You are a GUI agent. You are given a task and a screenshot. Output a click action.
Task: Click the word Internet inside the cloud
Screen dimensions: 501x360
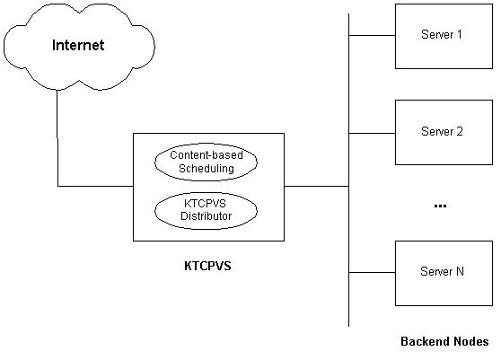click(78, 45)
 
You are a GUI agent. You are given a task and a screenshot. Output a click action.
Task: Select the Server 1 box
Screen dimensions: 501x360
click(444, 37)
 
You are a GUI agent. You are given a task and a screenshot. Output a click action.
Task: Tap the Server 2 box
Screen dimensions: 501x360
click(444, 133)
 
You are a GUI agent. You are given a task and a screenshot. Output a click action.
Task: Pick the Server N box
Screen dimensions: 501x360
click(444, 274)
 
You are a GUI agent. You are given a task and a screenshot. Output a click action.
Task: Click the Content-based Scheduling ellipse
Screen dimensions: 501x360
click(207, 162)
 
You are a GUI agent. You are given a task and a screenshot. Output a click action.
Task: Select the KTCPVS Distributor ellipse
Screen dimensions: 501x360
click(207, 210)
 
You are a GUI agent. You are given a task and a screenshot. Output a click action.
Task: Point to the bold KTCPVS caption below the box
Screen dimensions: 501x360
click(207, 266)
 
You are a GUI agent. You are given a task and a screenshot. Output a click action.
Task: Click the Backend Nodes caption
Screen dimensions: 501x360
click(444, 341)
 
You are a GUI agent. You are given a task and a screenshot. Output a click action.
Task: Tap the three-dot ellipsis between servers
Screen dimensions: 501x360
click(440, 206)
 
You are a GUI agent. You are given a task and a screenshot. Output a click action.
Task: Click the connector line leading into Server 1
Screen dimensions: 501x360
click(372, 35)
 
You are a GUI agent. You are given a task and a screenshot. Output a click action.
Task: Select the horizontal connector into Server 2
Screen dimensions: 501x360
click(372, 133)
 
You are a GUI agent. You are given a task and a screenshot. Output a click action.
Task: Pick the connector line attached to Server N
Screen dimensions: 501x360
click(372, 273)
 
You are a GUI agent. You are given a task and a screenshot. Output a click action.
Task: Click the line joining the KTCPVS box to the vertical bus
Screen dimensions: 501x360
click(316, 186)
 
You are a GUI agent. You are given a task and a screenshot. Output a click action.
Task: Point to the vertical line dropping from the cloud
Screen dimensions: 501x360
click(57, 138)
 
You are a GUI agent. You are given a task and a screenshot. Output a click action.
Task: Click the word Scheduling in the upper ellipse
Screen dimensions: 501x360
click(207, 169)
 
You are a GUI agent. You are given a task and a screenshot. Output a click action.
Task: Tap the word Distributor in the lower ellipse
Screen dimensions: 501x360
click(207, 216)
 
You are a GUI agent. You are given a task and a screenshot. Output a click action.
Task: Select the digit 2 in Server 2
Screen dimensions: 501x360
click(460, 131)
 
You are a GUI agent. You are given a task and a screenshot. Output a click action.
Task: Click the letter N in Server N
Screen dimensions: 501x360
click(460, 271)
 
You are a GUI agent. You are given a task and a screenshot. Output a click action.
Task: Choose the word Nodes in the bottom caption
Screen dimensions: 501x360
click(471, 341)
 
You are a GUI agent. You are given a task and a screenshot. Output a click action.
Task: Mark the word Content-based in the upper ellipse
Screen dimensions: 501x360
click(207, 155)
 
